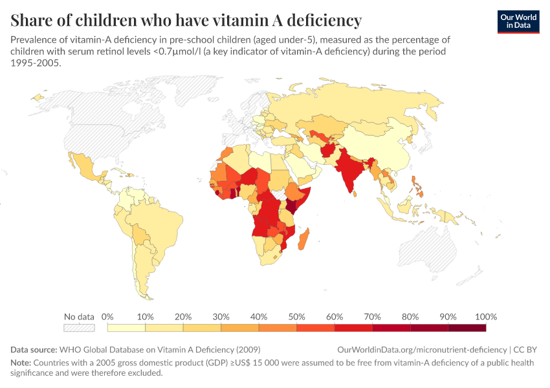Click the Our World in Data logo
tap(518, 21)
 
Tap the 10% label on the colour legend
tap(146, 317)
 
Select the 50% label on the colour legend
tap(296, 317)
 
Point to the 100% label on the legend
tap(485, 317)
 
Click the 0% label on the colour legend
tap(107, 317)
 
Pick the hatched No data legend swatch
tap(79, 328)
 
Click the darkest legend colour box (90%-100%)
tap(467, 328)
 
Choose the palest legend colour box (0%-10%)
tap(126, 328)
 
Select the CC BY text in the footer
tap(525, 349)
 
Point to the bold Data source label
tap(34, 349)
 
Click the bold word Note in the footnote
tap(20, 363)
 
